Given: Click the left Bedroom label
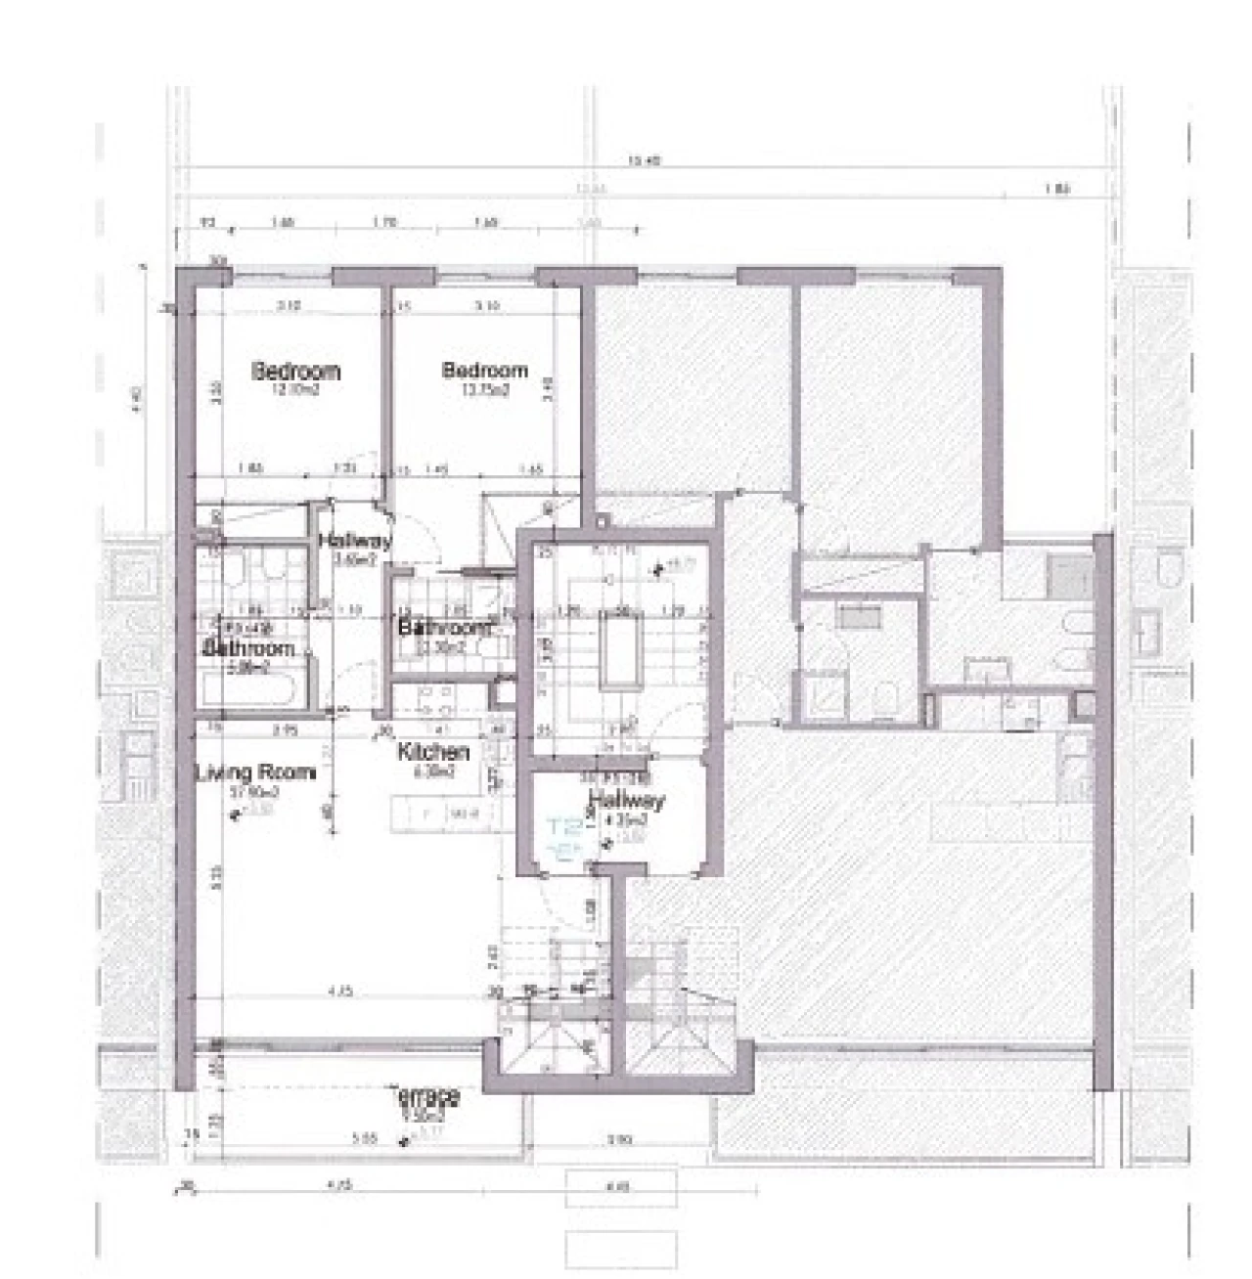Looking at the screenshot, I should point(295,372).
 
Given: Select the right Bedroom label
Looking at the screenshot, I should point(485,371).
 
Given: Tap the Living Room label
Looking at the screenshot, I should point(256,772).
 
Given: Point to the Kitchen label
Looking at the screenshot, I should point(433,752).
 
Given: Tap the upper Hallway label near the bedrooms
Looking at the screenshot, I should point(354,541).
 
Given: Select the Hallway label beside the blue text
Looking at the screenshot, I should point(626,800).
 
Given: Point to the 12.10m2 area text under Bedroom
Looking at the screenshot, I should point(295,389).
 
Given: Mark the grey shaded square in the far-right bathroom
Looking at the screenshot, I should point(1070,575).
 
